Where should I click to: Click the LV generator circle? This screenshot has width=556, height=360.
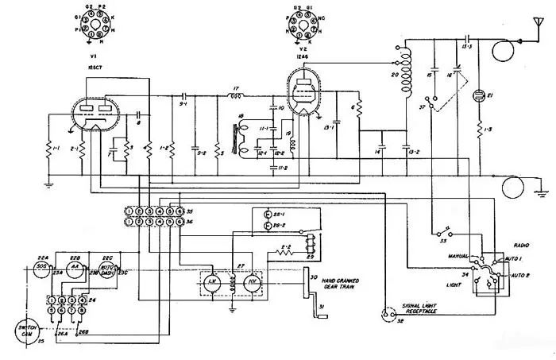tap(213, 282)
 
